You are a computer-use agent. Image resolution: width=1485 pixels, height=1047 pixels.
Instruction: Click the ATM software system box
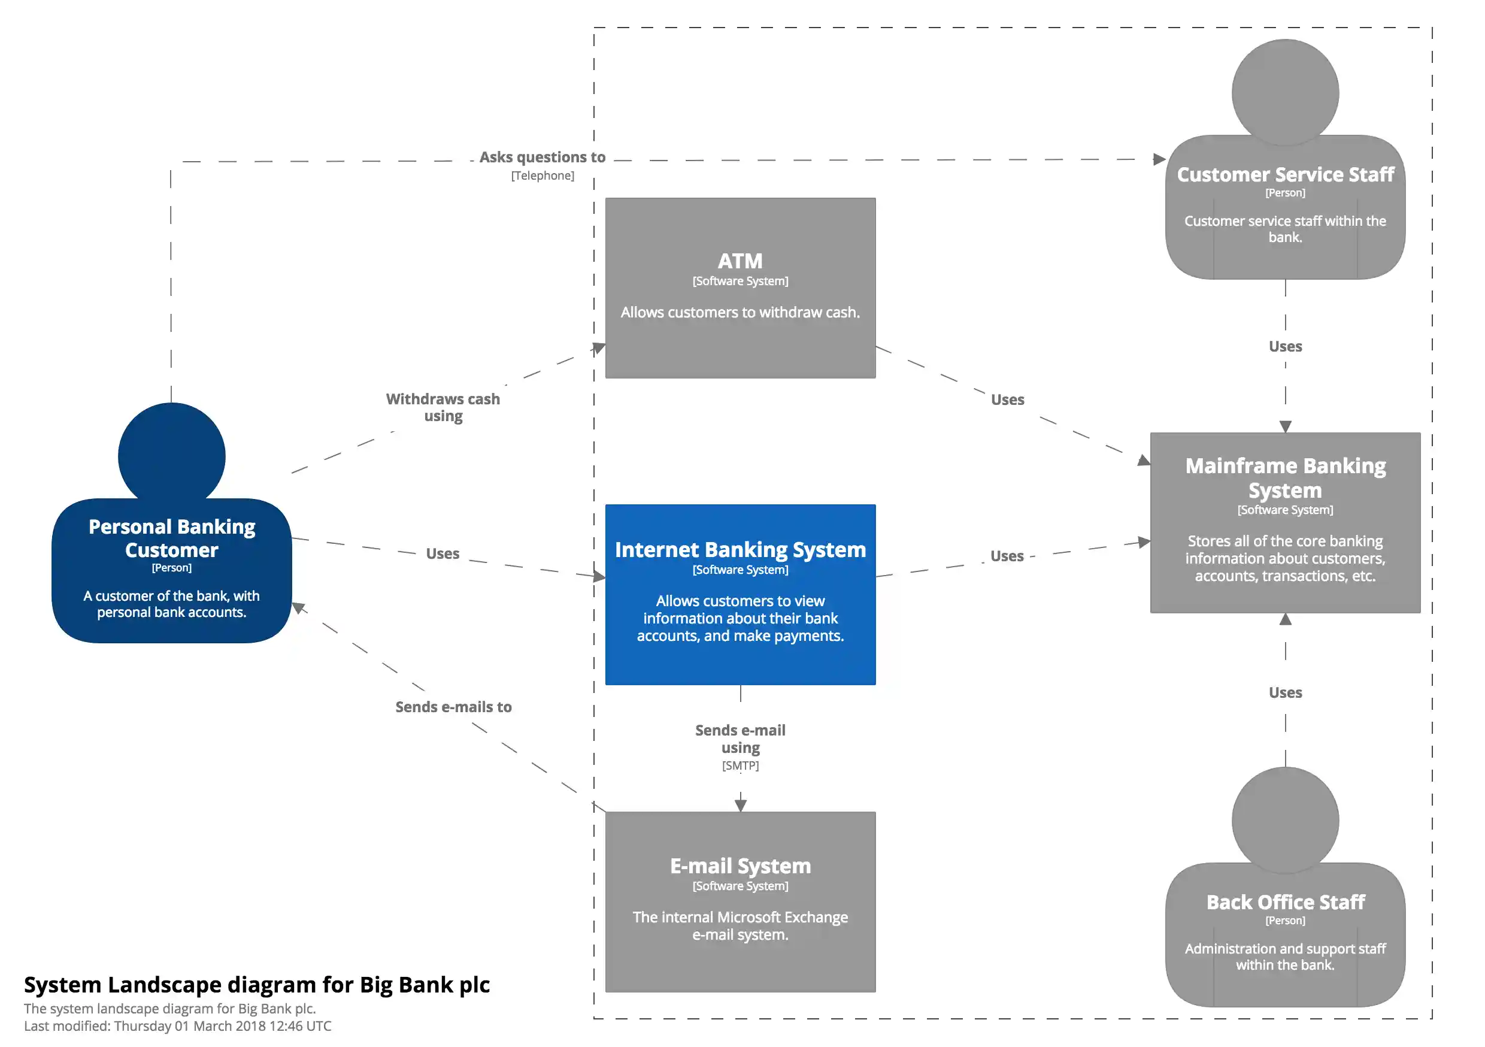[740, 288]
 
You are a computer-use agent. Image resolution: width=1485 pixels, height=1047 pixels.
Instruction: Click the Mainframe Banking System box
[1284, 522]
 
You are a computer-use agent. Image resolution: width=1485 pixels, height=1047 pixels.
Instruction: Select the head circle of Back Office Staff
[1284, 819]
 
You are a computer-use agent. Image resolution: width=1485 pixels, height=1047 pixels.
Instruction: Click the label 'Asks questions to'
[542, 158]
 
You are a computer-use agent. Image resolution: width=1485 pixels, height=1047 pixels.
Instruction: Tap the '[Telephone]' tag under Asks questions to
[542, 176]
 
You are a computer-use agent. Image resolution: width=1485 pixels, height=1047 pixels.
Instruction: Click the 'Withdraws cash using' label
[443, 407]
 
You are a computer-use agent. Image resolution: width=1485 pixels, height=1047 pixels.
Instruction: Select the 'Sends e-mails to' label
[453, 707]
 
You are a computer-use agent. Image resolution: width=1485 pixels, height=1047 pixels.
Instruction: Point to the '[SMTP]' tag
[740, 765]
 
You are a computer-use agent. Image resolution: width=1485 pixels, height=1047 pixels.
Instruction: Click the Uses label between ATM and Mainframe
[1007, 400]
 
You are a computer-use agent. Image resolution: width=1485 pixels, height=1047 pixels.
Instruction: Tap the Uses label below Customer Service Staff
[1284, 346]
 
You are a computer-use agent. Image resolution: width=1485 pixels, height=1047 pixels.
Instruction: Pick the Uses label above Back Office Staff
[1284, 692]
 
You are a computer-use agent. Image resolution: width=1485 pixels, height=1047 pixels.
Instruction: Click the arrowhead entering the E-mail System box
[740, 805]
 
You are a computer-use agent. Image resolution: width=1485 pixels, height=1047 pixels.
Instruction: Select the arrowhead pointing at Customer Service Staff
[1159, 159]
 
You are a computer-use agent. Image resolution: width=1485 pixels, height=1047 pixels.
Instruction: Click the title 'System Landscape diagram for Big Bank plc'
[257, 984]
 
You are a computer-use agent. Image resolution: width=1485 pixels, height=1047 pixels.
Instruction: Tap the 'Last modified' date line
[177, 1025]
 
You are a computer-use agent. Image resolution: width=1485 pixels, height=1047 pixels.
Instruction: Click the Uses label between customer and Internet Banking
[443, 554]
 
